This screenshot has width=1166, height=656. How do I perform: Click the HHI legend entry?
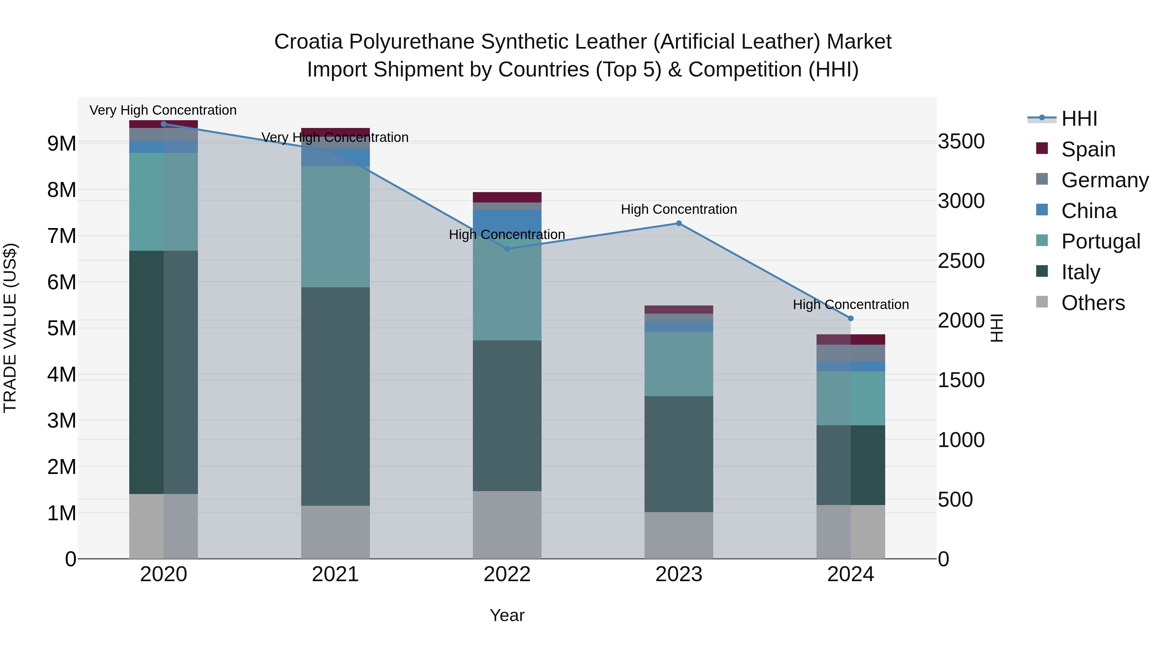tap(1079, 119)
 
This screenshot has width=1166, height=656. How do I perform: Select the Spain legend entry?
tap(1088, 149)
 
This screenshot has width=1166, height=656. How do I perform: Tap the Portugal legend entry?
tap(1100, 241)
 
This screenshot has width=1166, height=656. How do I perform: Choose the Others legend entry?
tap(1093, 303)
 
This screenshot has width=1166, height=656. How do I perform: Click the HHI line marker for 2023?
tap(679, 223)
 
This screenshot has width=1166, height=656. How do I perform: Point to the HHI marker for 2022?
tap(507, 248)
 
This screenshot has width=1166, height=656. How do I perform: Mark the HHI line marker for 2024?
tap(851, 318)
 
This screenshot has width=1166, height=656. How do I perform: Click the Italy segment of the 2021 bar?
tap(336, 396)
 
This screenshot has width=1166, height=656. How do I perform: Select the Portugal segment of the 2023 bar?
tap(679, 364)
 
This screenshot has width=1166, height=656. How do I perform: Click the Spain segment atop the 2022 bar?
tap(507, 197)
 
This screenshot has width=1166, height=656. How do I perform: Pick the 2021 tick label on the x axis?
tap(336, 574)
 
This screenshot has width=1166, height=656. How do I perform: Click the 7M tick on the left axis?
tap(62, 236)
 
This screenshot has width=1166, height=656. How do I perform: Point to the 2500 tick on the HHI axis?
tap(961, 261)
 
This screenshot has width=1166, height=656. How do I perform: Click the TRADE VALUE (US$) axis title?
tap(10, 328)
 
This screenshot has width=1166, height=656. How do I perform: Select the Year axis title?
tap(507, 615)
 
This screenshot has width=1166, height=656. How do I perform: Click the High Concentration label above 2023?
tap(679, 209)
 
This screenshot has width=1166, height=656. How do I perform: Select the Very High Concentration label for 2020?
tap(163, 110)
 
